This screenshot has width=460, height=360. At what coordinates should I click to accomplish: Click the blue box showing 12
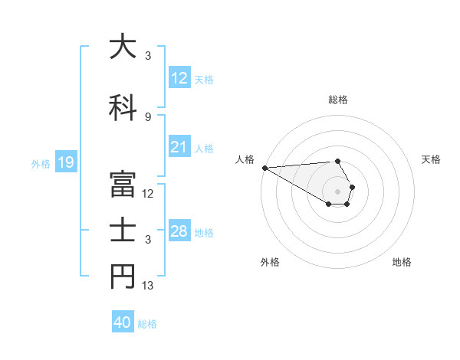[179, 78]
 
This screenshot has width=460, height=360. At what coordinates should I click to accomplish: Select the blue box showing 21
[179, 147]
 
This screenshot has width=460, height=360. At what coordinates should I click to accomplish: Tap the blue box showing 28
[179, 231]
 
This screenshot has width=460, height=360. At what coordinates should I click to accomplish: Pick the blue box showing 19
[65, 162]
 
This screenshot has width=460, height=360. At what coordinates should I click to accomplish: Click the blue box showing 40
[123, 322]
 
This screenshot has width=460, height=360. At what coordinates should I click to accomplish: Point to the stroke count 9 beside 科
[148, 116]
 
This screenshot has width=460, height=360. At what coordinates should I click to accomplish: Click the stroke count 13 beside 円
[149, 286]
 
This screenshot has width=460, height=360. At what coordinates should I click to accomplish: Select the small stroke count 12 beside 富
[149, 194]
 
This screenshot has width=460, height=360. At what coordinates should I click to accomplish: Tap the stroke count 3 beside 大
[148, 55]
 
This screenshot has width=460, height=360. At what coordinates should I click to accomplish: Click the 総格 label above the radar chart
[337, 100]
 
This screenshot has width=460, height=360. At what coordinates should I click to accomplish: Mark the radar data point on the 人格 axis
[264, 168]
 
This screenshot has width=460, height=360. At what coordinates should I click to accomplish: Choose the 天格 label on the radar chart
[431, 159]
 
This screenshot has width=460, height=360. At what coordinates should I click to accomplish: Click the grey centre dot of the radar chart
[337, 191]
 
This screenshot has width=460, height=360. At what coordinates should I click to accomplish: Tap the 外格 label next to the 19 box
[41, 163]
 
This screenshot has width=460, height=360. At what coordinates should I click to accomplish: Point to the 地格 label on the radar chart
[402, 262]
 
